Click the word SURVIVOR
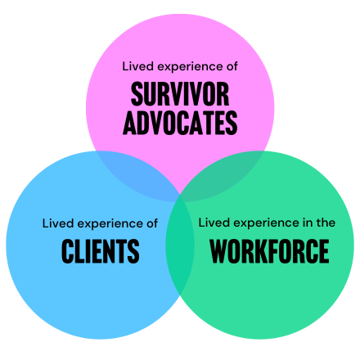click(x=180, y=94)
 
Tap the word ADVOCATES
click(x=180, y=123)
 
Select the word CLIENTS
click(x=101, y=251)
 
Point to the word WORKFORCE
click(x=269, y=251)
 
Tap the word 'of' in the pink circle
click(x=232, y=66)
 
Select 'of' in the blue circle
click(x=152, y=223)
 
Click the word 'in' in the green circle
click(x=308, y=223)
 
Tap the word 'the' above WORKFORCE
click(x=326, y=223)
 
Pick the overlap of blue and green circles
click(x=180, y=245)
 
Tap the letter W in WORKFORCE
click(x=219, y=251)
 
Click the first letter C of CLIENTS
click(x=67, y=251)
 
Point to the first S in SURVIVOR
click(x=137, y=94)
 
